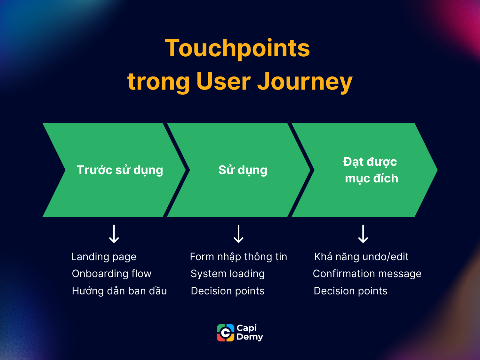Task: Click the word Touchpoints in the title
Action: pos(237,48)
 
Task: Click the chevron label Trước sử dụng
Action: pos(120,170)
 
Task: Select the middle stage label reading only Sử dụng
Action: pos(243,170)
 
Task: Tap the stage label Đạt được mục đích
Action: pos(371,170)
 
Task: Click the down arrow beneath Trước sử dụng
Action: pos(114,234)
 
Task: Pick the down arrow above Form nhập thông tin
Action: pos(238,234)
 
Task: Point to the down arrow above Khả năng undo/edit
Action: pos(363,234)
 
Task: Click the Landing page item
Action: pos(104,257)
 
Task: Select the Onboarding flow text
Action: pos(112,274)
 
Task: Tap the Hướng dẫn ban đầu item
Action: pos(119,291)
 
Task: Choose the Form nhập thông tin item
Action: pos(238,257)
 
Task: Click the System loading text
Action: pos(228,274)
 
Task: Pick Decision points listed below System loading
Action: pos(228,291)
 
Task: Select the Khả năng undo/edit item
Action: pos(361,257)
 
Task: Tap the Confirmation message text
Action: pos(367,274)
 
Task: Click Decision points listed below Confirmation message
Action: pos(350,291)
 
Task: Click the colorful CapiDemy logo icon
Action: pos(226,333)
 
